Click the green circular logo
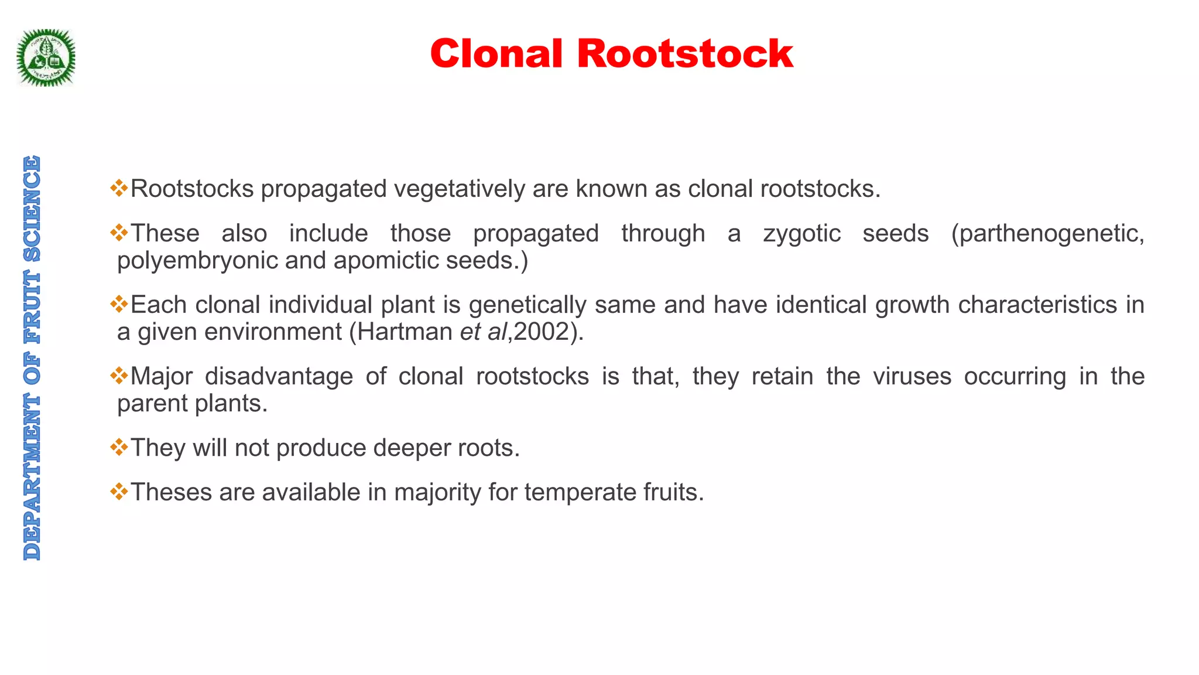(46, 58)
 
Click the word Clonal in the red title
(496, 54)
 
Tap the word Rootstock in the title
(685, 54)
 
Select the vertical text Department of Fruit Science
(32, 357)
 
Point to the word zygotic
(801, 234)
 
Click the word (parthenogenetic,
(1047, 234)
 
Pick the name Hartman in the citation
(405, 332)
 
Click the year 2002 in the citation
(542, 332)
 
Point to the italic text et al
(483, 332)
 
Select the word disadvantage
(279, 377)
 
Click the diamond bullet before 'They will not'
(119, 448)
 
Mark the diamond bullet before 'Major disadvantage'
(119, 376)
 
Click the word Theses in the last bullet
(172, 493)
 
